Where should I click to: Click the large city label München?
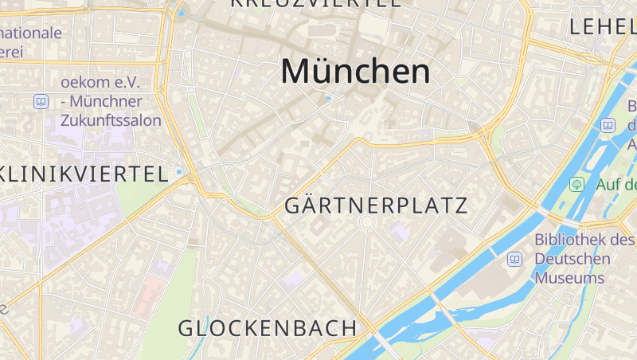[355, 72]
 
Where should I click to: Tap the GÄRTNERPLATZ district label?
[376, 206]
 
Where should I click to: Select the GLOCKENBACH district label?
[268, 327]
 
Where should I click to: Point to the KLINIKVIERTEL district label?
[84, 174]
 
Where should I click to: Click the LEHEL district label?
[602, 26]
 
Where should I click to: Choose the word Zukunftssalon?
[111, 120]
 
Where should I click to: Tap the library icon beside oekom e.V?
[41, 102]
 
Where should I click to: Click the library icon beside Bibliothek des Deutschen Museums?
[514, 259]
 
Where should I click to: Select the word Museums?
[569, 278]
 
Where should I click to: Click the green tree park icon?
[576, 184]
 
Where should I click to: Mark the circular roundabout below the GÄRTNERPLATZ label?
[367, 225]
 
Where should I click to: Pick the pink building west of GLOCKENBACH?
[150, 296]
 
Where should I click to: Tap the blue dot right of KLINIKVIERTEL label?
[180, 172]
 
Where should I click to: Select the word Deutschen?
[573, 259]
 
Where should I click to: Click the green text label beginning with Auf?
[616, 185]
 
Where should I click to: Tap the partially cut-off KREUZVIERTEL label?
[315, 3]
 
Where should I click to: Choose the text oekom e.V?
[100, 82]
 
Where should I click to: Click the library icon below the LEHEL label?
[608, 125]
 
